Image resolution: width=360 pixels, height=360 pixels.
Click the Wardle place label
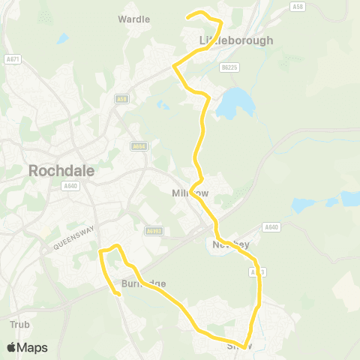pos(134,19)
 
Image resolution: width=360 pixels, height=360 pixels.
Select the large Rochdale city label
pos(61,170)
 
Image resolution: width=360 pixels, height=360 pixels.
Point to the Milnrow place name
pos(190,193)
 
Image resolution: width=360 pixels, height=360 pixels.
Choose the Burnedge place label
pos(142,283)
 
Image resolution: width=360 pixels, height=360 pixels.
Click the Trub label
pos(19,325)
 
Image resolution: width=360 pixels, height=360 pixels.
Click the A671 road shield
pos(12,58)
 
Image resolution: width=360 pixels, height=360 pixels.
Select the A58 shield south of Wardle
pos(121,98)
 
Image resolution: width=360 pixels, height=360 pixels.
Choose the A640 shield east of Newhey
pos(271,227)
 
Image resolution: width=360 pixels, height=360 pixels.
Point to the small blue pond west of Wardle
pos(62,37)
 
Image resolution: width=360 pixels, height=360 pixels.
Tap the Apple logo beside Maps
pos(12,347)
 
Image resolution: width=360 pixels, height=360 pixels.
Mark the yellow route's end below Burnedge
pos(118,294)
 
